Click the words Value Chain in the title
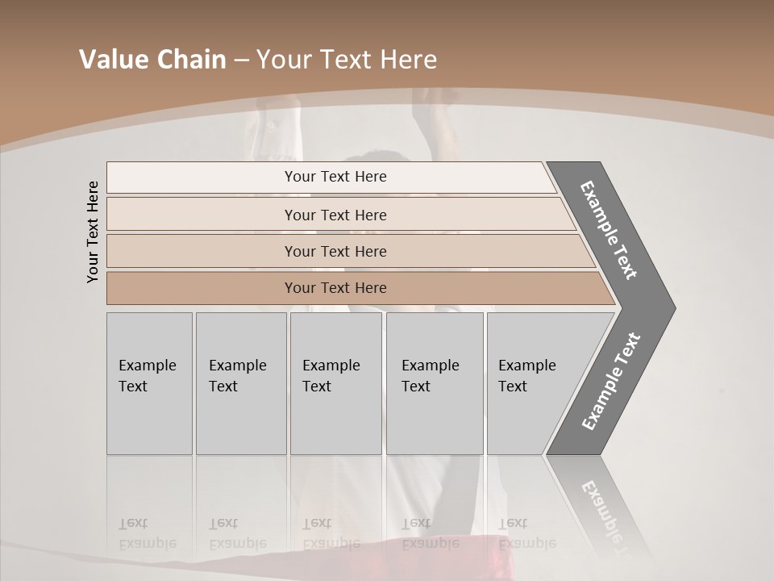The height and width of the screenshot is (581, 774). pyautogui.click(x=152, y=60)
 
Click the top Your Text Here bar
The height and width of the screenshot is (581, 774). pyautogui.click(x=335, y=177)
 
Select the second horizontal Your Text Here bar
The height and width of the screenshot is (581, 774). pyautogui.click(x=335, y=215)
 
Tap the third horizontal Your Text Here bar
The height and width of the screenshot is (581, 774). pyautogui.click(x=335, y=251)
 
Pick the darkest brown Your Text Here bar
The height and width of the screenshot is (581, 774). pyautogui.click(x=335, y=288)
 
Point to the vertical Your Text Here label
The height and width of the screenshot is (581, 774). pyautogui.click(x=93, y=232)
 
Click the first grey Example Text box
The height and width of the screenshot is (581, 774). pyautogui.click(x=149, y=382)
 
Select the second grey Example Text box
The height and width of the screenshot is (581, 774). pyautogui.click(x=240, y=382)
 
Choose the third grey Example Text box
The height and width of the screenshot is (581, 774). pyautogui.click(x=335, y=382)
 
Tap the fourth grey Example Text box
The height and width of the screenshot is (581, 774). pyautogui.click(x=434, y=382)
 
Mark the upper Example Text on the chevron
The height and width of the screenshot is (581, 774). pyautogui.click(x=609, y=230)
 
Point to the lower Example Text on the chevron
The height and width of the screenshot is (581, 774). pyautogui.click(x=611, y=381)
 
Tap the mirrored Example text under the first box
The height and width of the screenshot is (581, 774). pyautogui.click(x=147, y=543)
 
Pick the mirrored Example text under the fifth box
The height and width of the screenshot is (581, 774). pyautogui.click(x=527, y=543)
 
